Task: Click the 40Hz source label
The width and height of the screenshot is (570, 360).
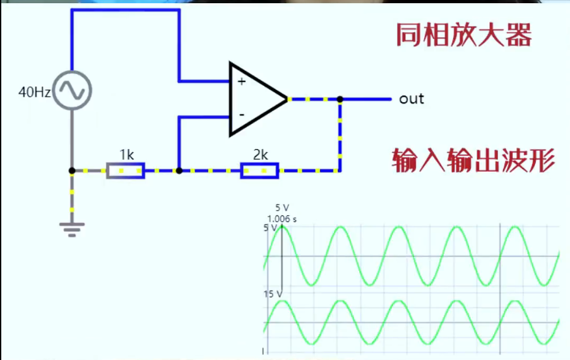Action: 35,92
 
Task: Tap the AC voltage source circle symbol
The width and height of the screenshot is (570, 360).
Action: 71,90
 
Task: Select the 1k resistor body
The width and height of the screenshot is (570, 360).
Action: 125,171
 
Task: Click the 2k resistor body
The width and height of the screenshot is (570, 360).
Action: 259,171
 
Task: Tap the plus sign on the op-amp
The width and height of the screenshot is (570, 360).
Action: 241,81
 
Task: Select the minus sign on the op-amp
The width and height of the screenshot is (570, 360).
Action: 241,115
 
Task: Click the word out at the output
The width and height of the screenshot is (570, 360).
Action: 412,99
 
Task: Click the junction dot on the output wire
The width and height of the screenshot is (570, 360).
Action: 340,99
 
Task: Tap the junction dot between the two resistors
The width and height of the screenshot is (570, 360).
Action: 179,171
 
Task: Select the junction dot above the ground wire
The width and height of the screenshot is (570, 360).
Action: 72,171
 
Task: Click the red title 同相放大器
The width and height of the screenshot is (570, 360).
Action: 463,35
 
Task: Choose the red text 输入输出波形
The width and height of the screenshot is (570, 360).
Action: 473,161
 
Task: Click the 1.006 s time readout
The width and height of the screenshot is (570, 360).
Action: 282,219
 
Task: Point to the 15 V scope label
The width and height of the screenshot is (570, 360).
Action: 272,294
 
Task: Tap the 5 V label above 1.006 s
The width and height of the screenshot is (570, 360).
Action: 282,208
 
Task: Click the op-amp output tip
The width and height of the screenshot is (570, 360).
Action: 287,99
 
